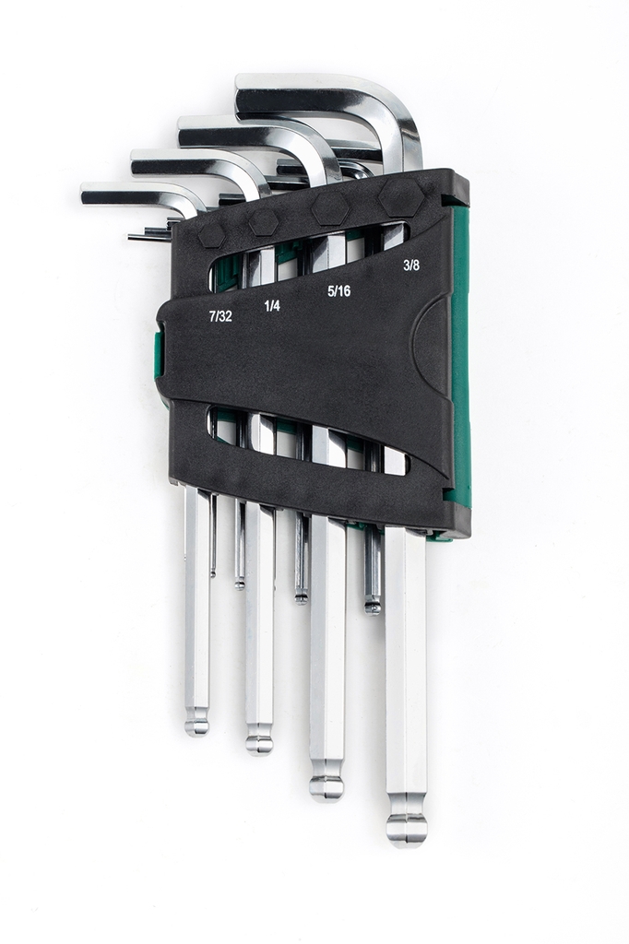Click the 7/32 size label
tap(220, 315)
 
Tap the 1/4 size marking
tap(272, 305)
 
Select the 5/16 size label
tap(339, 290)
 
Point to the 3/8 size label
tap(411, 265)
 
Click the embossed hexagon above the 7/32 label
tap(211, 234)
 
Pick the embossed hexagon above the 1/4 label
tap(264, 222)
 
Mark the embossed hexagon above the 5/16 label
tap(330, 208)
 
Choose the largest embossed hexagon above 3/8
tap(402, 195)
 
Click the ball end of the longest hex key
tap(406, 827)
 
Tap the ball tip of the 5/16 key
tap(326, 785)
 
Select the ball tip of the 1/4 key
tap(259, 740)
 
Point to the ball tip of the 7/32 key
tap(196, 723)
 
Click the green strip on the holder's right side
tap(459, 360)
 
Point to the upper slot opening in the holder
tap(304, 254)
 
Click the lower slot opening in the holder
tap(304, 442)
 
